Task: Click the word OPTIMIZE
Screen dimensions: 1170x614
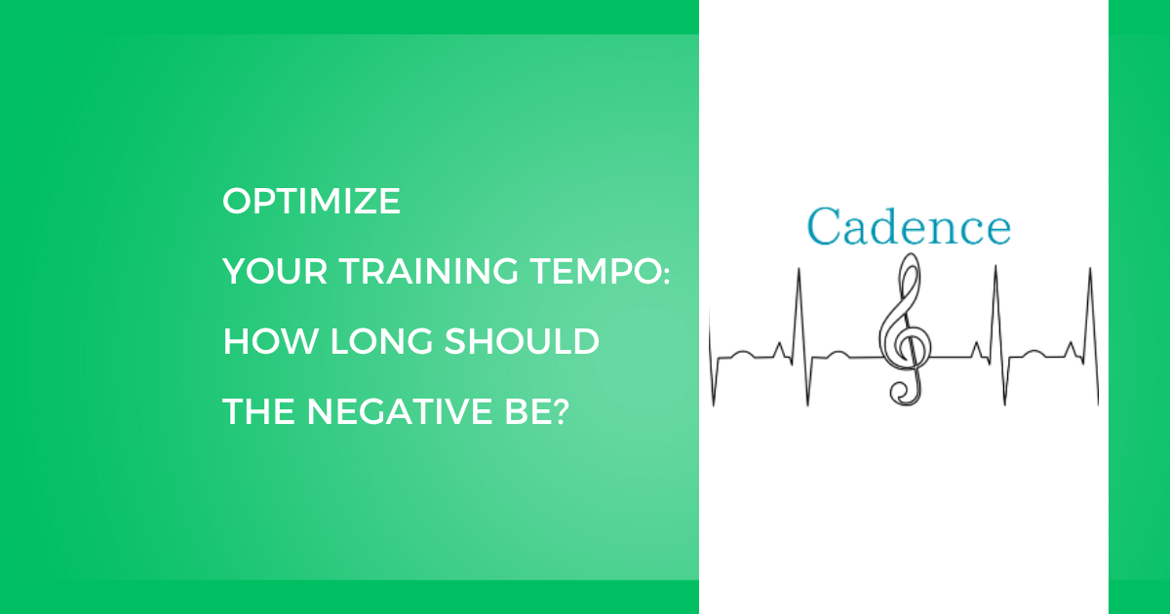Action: (x=311, y=201)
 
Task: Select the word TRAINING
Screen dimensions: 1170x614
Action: (x=429, y=271)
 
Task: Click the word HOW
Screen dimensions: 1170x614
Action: (x=271, y=341)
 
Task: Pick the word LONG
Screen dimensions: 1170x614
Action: (x=381, y=341)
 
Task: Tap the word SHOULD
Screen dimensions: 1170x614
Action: (x=522, y=341)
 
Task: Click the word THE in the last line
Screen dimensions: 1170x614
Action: (x=258, y=411)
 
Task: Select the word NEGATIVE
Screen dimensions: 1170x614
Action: (x=400, y=411)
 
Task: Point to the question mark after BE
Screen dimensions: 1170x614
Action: (x=559, y=411)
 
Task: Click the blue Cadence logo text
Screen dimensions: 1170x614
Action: (x=909, y=226)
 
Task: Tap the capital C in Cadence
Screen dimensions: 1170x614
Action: (x=824, y=226)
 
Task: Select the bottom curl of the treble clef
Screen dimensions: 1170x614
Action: (x=903, y=393)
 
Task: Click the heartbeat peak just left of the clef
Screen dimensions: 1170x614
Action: (x=799, y=269)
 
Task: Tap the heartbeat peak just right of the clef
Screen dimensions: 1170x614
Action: (x=995, y=266)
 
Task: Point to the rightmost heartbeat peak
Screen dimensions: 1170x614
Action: (x=1090, y=269)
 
